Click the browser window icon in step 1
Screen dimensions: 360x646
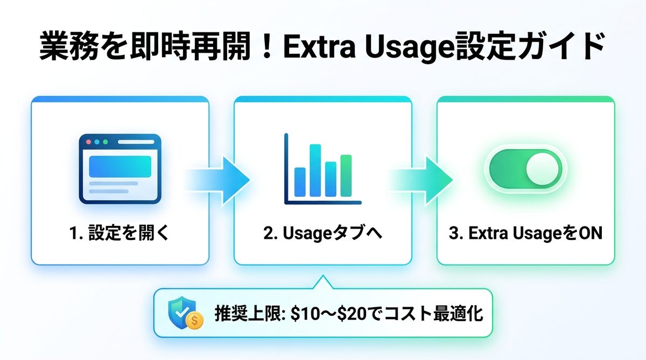tap(120, 168)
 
